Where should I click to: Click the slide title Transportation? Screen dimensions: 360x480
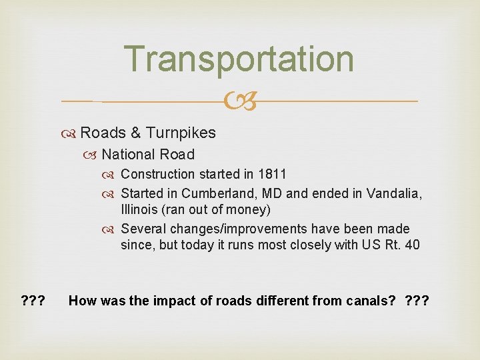239,59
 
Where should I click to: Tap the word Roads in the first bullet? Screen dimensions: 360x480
102,133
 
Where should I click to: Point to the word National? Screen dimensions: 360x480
128,155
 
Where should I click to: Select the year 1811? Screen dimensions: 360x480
273,174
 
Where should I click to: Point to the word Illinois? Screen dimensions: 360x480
137,210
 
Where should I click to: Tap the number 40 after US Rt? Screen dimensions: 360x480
412,245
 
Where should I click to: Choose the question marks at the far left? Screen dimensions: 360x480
33,301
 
